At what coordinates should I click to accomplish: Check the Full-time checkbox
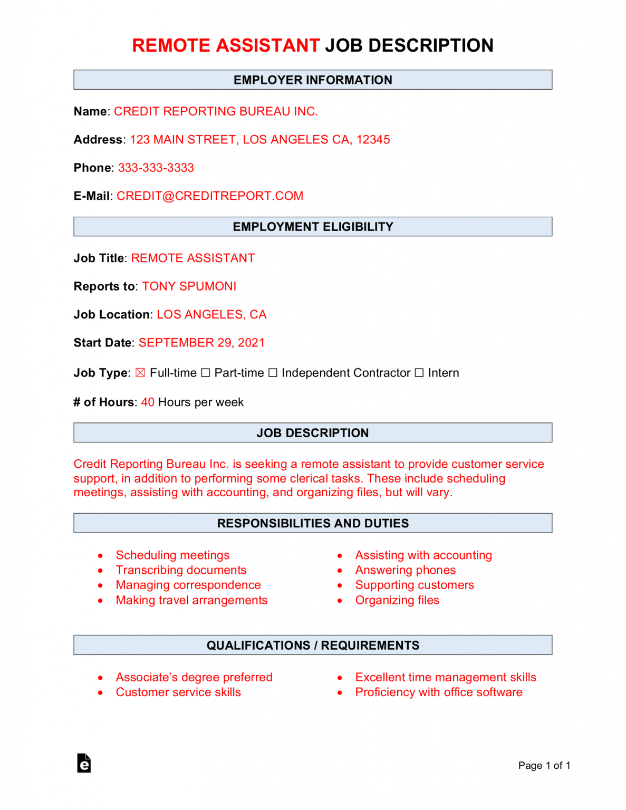click(x=140, y=373)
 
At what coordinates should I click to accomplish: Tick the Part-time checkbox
click(x=206, y=373)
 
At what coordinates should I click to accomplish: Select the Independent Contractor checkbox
click(x=273, y=373)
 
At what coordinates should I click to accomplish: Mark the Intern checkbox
click(x=419, y=373)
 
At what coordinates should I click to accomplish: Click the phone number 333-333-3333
click(x=156, y=168)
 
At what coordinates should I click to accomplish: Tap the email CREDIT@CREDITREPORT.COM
click(x=210, y=196)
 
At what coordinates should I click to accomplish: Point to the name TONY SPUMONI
click(x=189, y=286)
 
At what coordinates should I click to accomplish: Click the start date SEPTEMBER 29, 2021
click(x=201, y=343)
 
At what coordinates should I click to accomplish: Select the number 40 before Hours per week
click(x=148, y=402)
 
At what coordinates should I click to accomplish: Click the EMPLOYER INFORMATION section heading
click(x=313, y=80)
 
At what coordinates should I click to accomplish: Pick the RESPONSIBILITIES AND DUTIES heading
click(x=313, y=523)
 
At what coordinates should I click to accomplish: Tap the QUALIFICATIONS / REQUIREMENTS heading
click(x=313, y=645)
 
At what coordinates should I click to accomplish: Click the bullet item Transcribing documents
click(x=181, y=570)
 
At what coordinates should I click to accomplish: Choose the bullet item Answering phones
click(x=405, y=570)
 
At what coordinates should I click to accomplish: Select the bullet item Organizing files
click(x=397, y=600)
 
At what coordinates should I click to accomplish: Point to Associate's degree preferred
click(x=194, y=677)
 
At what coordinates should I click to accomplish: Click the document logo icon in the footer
click(x=84, y=763)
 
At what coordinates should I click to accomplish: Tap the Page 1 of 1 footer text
click(x=544, y=765)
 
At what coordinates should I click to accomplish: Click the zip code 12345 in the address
click(x=373, y=140)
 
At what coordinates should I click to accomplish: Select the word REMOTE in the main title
click(x=171, y=45)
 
